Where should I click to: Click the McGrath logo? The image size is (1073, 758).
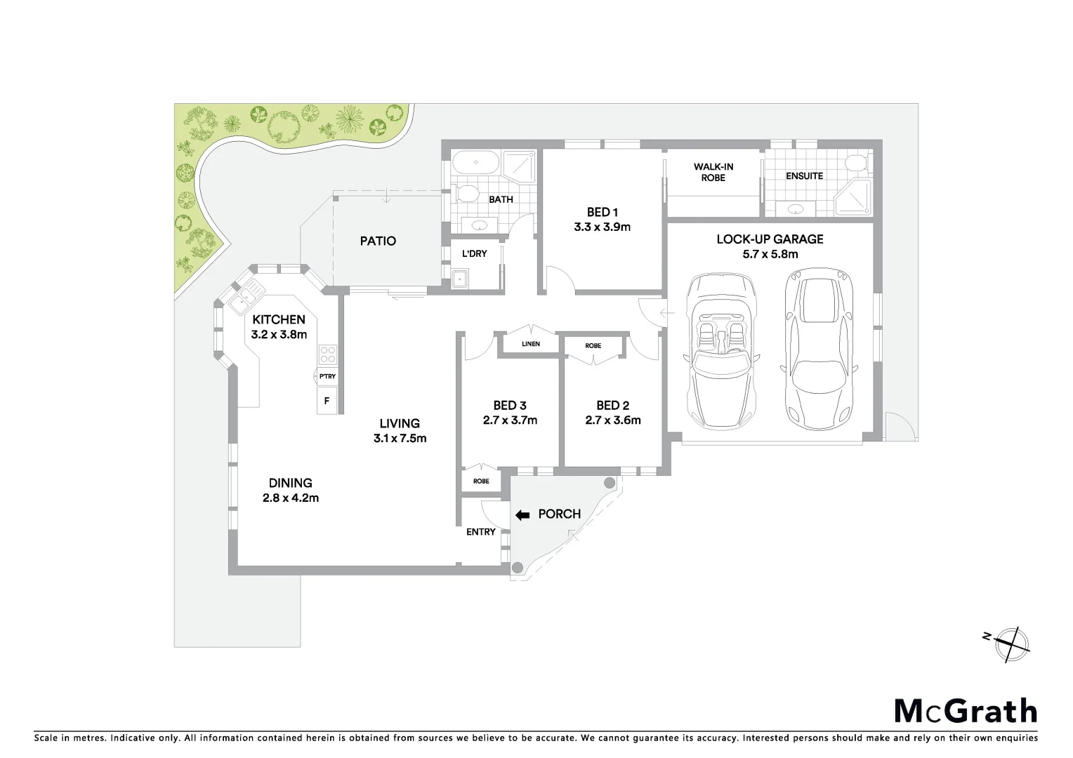tap(966, 711)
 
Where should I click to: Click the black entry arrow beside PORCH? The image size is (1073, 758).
tap(522, 514)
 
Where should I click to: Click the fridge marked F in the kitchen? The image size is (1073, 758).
tap(326, 401)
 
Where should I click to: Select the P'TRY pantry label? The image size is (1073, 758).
tap(327, 376)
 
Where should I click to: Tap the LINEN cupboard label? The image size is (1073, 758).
tap(531, 344)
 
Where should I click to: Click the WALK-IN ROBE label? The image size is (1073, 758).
tap(713, 172)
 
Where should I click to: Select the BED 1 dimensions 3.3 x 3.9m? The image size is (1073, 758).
tap(602, 227)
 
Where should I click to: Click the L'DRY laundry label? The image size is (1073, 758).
tap(474, 253)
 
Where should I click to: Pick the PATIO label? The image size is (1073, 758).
tap(378, 241)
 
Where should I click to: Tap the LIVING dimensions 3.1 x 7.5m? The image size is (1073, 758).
tap(400, 439)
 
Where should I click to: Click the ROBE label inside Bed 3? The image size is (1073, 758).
tap(481, 481)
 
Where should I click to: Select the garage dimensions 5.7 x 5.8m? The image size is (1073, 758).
tap(770, 255)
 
